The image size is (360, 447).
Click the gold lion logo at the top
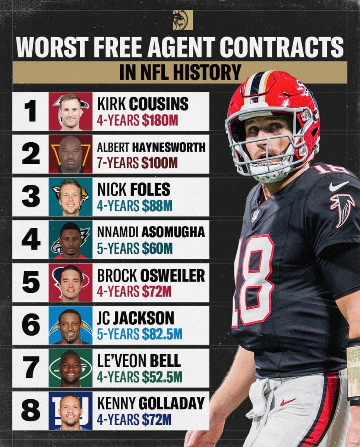click(183, 20)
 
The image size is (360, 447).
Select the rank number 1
click(31, 111)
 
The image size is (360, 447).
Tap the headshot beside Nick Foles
click(70, 197)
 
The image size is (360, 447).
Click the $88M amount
click(157, 206)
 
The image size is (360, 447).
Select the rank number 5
click(31, 282)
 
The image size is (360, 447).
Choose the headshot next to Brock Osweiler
click(70, 282)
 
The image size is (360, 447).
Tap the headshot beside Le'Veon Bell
click(70, 368)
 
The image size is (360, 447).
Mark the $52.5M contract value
click(162, 377)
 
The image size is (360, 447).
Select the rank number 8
click(31, 410)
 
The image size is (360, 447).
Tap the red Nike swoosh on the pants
click(288, 402)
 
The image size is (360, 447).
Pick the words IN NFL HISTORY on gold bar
click(180, 72)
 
